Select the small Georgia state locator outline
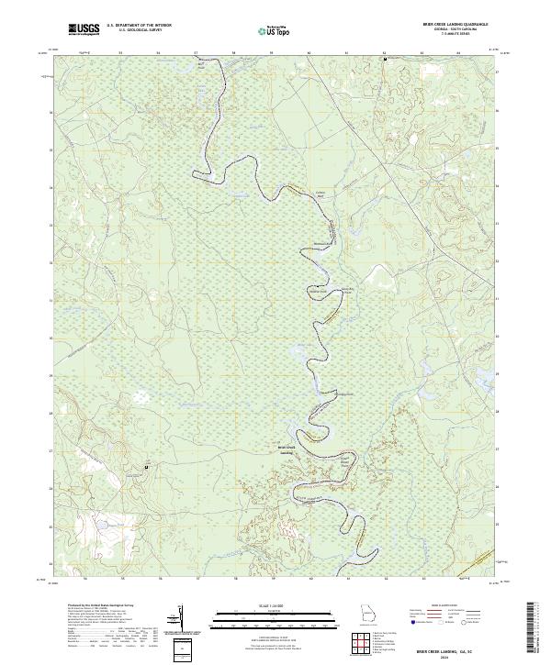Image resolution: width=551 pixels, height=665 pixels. pos(368,617)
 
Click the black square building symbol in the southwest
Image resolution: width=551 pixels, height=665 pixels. pos(146,469)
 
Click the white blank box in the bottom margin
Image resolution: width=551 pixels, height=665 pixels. pos(181,649)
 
